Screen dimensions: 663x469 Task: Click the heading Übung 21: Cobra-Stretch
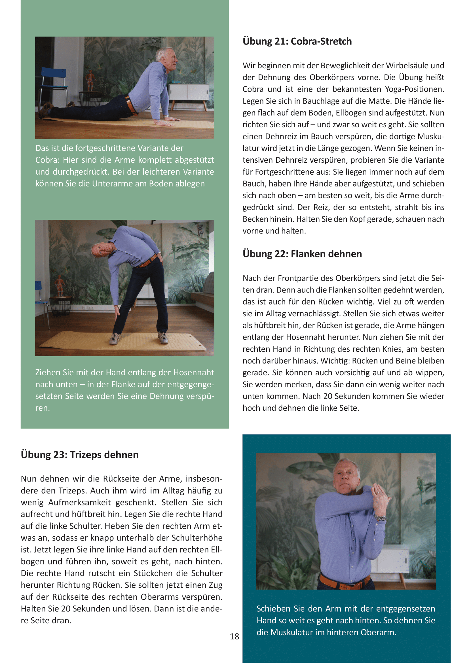click(x=297, y=42)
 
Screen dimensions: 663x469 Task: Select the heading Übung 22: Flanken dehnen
click(x=302, y=254)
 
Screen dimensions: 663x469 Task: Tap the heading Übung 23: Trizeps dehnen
click(x=80, y=455)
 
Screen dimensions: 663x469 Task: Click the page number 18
click(x=234, y=636)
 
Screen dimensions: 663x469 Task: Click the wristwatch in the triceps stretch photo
click(x=381, y=518)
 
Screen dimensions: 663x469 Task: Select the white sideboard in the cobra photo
click(x=189, y=92)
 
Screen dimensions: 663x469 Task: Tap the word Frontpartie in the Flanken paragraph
click(x=297, y=278)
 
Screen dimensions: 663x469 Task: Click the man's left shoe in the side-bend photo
click(x=163, y=338)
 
